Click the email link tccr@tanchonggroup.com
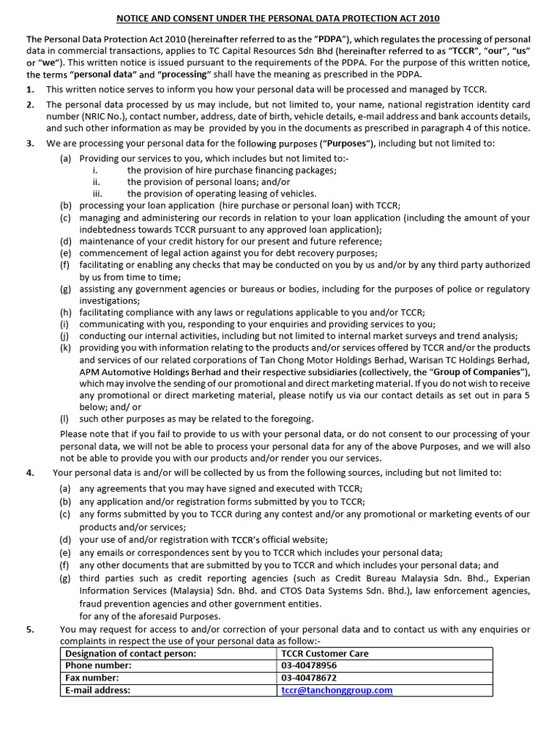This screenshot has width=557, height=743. (x=337, y=690)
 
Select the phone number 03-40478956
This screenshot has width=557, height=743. (x=309, y=665)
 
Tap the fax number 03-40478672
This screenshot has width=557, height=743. (x=309, y=678)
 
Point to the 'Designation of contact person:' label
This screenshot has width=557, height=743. (x=131, y=653)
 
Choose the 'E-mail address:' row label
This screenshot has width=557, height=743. (x=98, y=690)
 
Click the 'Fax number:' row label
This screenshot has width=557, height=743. (x=92, y=678)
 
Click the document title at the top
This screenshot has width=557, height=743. (x=278, y=18)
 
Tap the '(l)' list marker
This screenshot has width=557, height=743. (x=65, y=419)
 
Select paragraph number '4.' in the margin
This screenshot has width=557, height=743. (x=30, y=472)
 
